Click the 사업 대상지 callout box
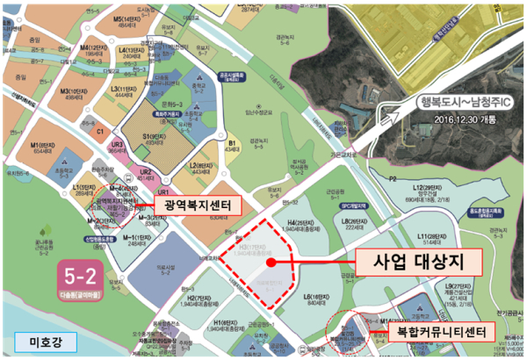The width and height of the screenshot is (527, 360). click(414, 261)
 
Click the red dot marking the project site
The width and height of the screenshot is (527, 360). click(272, 262)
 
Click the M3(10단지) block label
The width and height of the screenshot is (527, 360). click(69, 91)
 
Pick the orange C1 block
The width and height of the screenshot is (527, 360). click(100, 131)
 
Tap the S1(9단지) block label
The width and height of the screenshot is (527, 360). click(155, 138)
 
